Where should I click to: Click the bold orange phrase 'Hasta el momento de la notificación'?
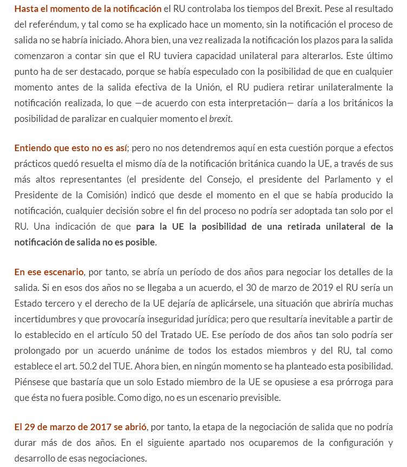[x=88, y=9]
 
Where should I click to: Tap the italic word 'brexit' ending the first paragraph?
[x=220, y=119]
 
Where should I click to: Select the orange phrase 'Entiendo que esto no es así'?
[x=70, y=148]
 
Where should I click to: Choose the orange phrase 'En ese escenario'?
[x=49, y=272]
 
